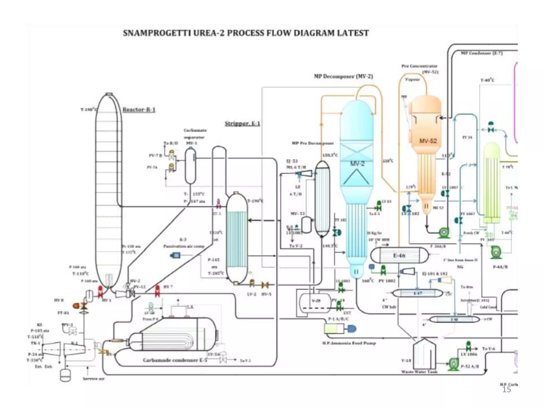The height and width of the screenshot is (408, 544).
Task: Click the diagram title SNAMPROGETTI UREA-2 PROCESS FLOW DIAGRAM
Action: point(246,33)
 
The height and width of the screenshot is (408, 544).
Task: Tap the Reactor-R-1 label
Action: point(139,109)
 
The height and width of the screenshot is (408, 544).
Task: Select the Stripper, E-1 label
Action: point(242,124)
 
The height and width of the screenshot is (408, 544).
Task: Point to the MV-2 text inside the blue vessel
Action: point(357,163)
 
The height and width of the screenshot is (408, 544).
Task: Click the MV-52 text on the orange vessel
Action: point(428,141)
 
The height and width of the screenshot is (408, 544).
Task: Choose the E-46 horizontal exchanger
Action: point(399,255)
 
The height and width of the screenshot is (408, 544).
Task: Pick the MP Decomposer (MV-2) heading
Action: point(343,76)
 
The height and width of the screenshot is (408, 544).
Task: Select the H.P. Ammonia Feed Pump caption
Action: point(349,343)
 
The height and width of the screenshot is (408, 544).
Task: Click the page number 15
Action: point(506,389)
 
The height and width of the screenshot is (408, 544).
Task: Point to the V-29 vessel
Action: point(316,301)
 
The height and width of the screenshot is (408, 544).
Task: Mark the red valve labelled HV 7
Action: point(157,291)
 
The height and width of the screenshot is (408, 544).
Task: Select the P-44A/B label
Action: point(500,267)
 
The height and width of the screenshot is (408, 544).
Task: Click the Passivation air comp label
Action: point(184,246)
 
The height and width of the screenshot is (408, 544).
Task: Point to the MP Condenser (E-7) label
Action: point(482,53)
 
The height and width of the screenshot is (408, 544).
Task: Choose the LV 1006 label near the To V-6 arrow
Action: point(469,354)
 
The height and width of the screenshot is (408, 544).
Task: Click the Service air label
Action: point(93,379)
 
